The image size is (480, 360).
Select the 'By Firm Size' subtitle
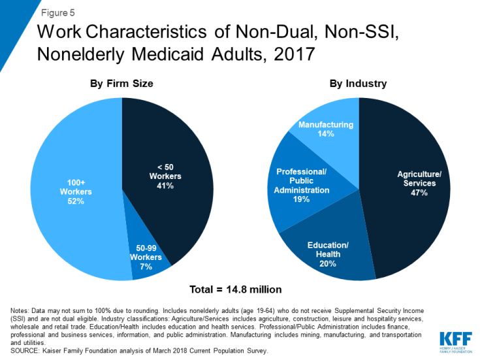122,84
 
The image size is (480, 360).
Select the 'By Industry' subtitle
359,84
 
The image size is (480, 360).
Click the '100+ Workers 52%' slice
72,196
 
